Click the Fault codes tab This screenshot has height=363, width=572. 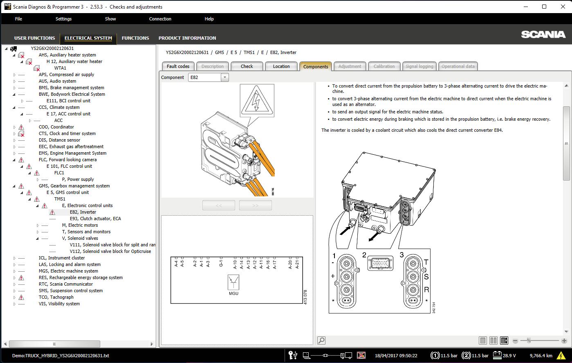(x=178, y=66)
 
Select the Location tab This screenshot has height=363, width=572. (x=281, y=66)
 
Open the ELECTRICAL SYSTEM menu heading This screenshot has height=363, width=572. (x=88, y=38)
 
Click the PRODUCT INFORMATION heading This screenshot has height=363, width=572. (x=187, y=38)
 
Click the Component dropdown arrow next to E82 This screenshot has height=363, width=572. (x=224, y=77)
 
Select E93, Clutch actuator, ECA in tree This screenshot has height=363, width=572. (x=95, y=219)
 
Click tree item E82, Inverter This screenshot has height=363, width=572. (x=83, y=212)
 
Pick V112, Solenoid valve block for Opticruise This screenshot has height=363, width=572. (x=110, y=251)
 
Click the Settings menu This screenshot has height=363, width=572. (x=63, y=19)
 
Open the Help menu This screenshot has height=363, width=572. (x=209, y=19)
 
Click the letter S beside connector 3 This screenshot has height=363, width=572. (x=426, y=277)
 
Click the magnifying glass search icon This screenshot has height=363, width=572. (x=322, y=340)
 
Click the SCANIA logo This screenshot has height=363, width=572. (x=543, y=35)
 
